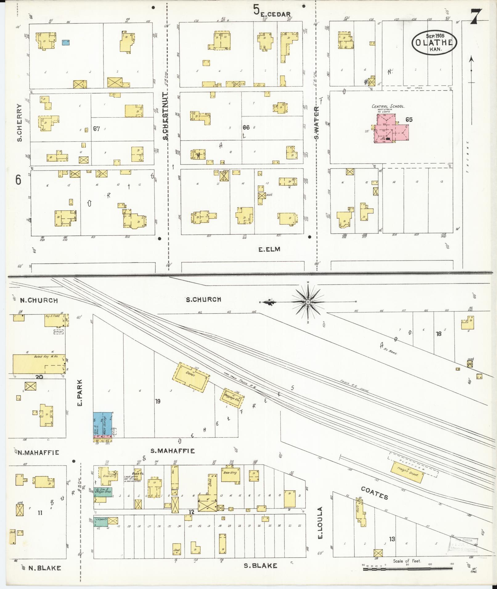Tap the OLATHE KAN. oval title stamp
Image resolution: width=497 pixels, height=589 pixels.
click(434, 42)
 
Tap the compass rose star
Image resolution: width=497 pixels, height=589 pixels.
click(308, 302)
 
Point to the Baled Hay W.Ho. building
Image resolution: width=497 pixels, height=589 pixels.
click(39, 364)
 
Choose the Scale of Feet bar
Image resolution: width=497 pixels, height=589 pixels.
click(407, 569)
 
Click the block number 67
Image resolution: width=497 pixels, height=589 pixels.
click(96, 129)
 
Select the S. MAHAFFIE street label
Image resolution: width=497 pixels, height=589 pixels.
click(172, 451)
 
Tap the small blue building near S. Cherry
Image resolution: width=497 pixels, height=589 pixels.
click(65, 42)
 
